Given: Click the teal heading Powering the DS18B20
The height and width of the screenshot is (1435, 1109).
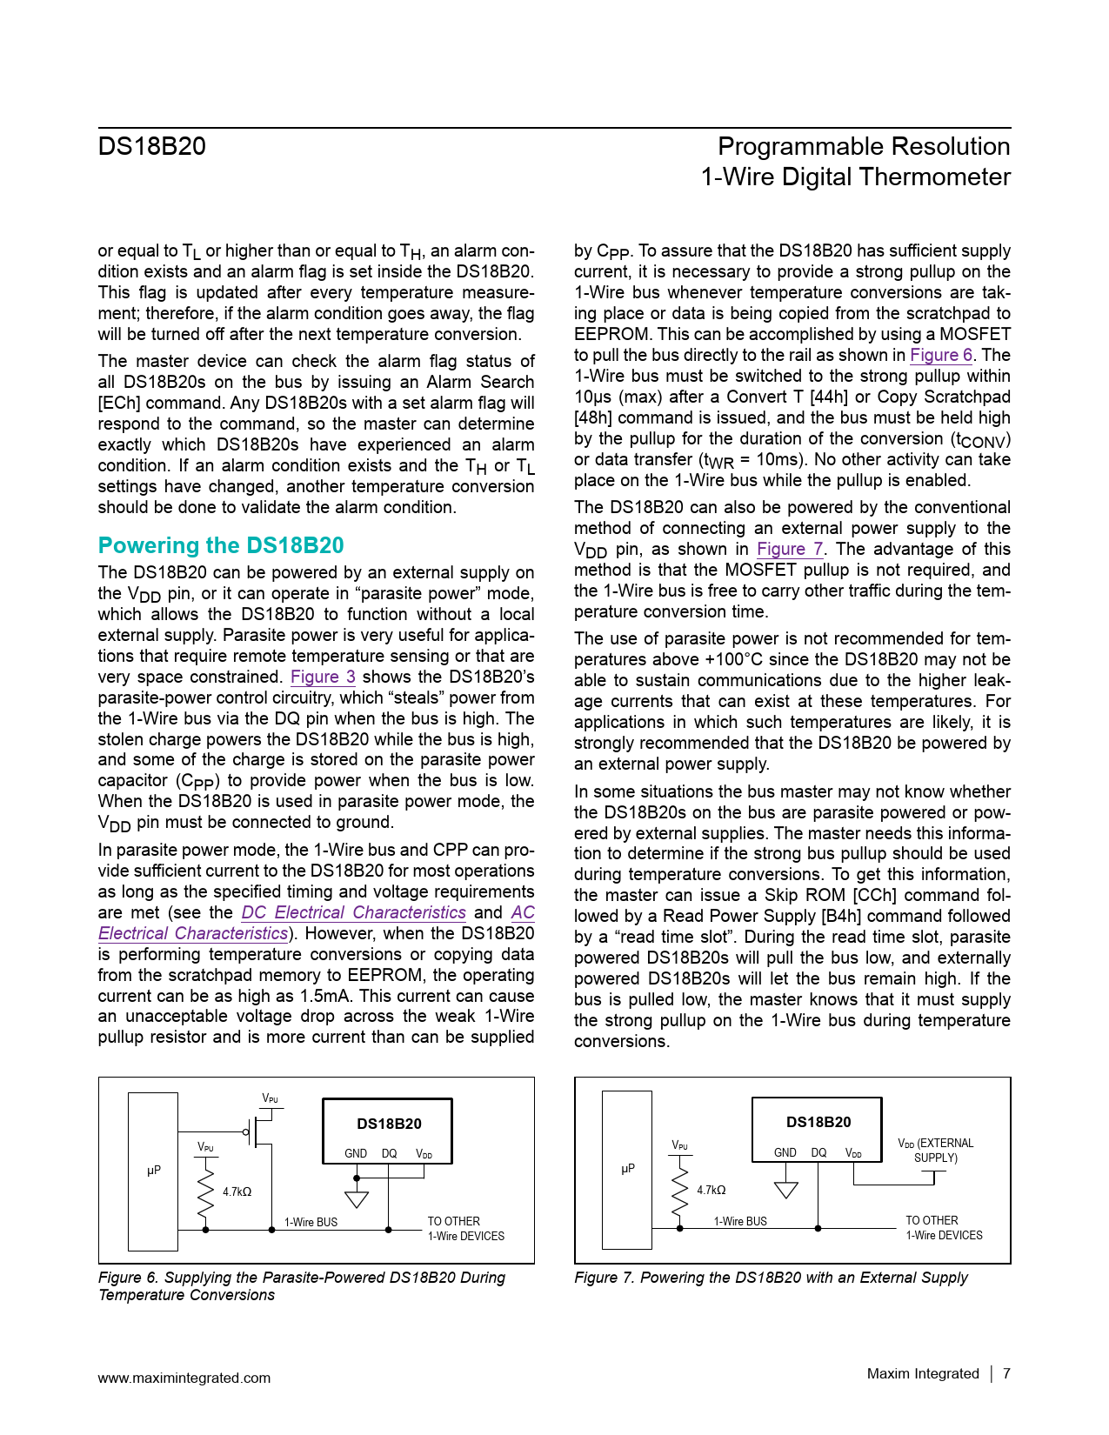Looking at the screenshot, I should pyautogui.click(x=221, y=545).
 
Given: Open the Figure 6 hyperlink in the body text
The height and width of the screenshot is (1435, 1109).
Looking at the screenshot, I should pyautogui.click(x=941, y=355).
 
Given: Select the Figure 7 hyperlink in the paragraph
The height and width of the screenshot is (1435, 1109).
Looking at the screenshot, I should pyautogui.click(x=790, y=549).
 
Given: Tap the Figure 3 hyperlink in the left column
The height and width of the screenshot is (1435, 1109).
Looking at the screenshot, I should pyautogui.click(x=323, y=677).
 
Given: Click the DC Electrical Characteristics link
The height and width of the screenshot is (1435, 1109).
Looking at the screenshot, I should pyautogui.click(x=353, y=912).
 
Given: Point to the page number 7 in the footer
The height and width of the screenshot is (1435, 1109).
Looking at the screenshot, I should pyautogui.click(x=1006, y=1373).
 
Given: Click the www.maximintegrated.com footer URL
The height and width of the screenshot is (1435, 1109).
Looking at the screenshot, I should pyautogui.click(x=184, y=1378).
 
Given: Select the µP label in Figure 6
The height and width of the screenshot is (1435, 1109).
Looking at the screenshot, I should pyautogui.click(x=154, y=1171).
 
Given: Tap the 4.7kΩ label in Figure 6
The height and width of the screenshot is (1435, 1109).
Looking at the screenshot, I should pyautogui.click(x=237, y=1191).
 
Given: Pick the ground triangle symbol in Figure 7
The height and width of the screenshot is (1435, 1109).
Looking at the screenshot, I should pyautogui.click(x=786, y=1189).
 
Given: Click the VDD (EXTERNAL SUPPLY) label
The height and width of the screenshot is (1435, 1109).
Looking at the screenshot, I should pyautogui.click(x=936, y=1150).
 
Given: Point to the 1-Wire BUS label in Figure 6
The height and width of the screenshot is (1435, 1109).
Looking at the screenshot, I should pyautogui.click(x=311, y=1222).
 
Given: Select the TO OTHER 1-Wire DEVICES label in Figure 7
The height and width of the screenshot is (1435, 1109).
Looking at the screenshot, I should pyautogui.click(x=944, y=1228).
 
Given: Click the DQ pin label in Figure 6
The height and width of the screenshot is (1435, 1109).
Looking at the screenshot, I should pyautogui.click(x=389, y=1153).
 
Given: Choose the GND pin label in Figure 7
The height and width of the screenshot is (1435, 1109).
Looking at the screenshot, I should pyautogui.click(x=785, y=1152).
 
